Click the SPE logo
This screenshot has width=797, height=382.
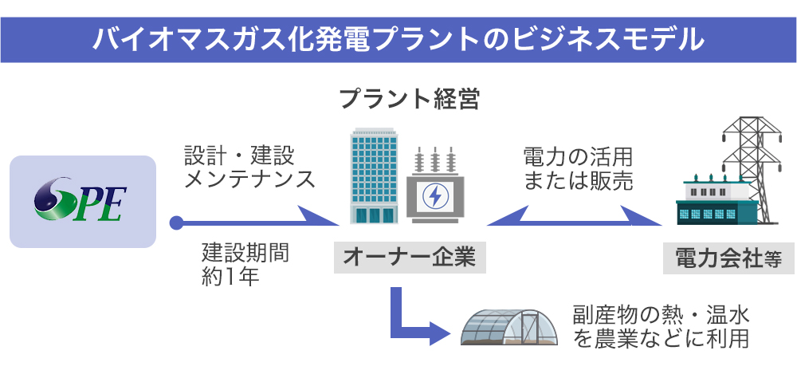(x=81, y=201)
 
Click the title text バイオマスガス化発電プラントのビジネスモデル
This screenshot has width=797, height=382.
(x=398, y=37)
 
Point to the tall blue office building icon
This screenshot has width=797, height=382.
(x=374, y=177)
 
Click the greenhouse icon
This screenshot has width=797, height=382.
(x=508, y=327)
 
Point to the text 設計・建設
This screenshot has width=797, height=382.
(x=239, y=154)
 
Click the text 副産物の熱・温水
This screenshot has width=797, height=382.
(x=661, y=313)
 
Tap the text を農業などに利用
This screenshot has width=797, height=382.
(x=661, y=338)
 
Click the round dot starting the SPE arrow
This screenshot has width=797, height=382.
(x=175, y=223)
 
